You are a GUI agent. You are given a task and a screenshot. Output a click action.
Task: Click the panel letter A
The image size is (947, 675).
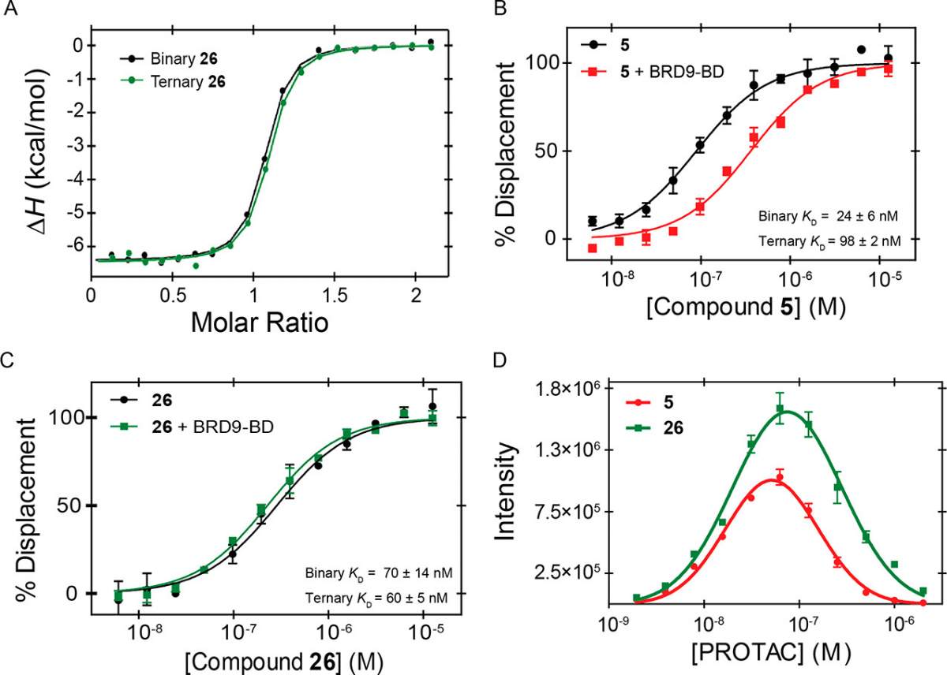click(10, 8)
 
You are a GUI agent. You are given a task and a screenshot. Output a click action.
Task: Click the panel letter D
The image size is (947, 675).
click(500, 361)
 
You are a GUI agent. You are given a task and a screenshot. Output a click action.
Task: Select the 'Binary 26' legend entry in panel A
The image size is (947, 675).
click(169, 58)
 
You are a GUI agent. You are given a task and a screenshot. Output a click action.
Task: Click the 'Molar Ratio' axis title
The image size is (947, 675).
click(260, 323)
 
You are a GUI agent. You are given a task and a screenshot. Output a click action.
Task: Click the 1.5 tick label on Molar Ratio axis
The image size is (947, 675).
click(335, 296)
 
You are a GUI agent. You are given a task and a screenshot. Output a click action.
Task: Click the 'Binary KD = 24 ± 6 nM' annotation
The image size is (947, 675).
click(828, 217)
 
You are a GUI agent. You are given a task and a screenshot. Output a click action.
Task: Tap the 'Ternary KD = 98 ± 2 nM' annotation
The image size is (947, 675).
click(829, 241)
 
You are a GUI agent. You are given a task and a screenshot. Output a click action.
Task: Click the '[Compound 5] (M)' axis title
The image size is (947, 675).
click(747, 307)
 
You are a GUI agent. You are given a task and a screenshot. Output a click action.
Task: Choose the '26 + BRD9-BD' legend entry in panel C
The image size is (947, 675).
click(192, 427)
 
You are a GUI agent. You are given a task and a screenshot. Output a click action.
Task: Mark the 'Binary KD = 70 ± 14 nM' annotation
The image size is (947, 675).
click(379, 573)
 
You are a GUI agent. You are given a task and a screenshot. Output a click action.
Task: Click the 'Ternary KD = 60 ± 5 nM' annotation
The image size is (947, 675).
click(376, 599)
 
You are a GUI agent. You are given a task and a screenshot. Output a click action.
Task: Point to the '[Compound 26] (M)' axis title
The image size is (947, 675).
click(284, 662)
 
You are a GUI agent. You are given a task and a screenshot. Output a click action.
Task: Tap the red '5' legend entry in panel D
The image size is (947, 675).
click(649, 402)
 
